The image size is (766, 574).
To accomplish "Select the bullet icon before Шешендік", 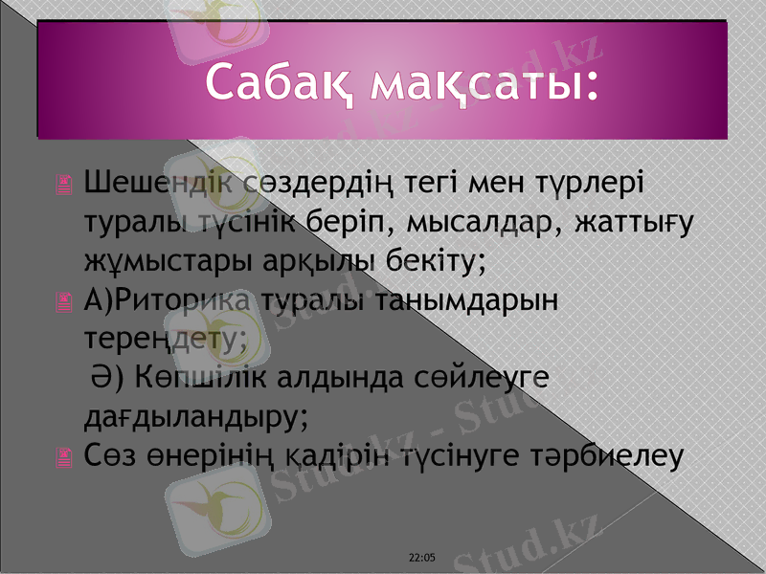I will pyautogui.click(x=64, y=186).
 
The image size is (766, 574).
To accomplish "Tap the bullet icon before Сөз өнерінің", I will pyautogui.click(x=64, y=460).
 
